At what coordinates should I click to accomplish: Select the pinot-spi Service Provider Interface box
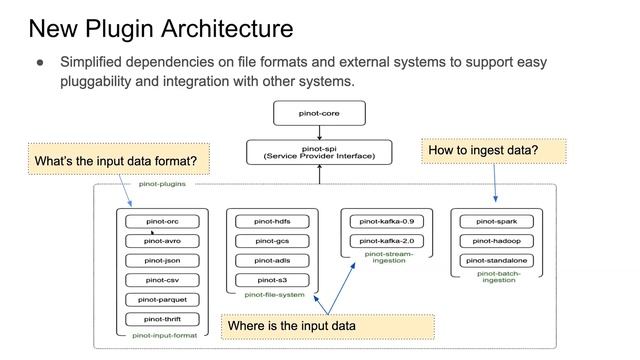coord(319,152)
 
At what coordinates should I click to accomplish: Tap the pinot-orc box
coord(162,221)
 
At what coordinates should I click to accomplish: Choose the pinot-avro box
coord(162,241)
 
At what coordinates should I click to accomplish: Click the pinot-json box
coord(162,260)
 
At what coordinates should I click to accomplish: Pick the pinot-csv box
coord(162,280)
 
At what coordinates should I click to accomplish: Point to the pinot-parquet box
coord(162,299)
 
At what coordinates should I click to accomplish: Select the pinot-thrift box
coord(162,319)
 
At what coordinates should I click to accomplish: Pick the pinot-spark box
coord(497,221)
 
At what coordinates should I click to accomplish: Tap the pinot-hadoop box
coord(497,241)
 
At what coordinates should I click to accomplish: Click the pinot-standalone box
coord(497,260)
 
